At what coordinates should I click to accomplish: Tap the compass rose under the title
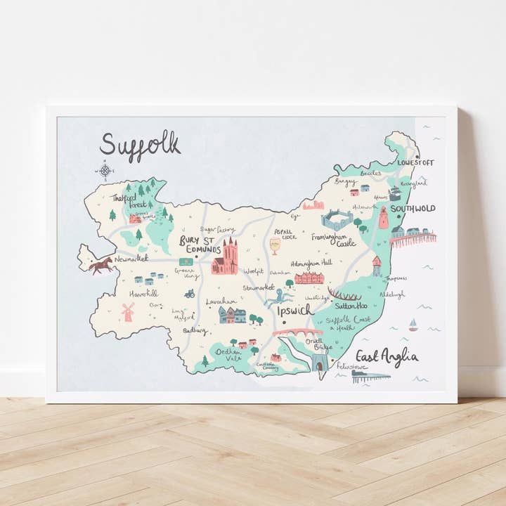[x=105, y=170]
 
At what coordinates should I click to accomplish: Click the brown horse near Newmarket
[x=101, y=265]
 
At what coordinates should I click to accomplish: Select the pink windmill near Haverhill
[x=128, y=311]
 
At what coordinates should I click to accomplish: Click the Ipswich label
[x=295, y=310]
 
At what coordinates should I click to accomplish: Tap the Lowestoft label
[x=415, y=162]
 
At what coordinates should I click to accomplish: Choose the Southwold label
[x=413, y=209]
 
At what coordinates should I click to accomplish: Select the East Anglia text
[x=387, y=356]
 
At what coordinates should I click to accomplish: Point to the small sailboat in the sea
[x=413, y=325]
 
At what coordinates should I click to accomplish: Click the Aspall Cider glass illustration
[x=275, y=246]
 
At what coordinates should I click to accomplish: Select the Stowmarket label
[x=259, y=287]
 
